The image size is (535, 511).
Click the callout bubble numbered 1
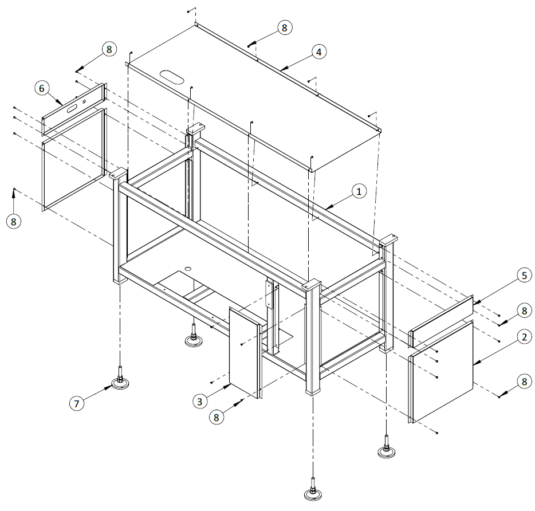[359, 192]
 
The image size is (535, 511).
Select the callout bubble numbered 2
[523, 337]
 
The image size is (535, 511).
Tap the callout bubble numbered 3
[199, 401]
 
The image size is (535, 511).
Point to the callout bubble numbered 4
[320, 52]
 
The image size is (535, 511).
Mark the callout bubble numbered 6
[41, 88]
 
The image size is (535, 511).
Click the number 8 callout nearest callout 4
[284, 27]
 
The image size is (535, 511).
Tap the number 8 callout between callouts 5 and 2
[523, 310]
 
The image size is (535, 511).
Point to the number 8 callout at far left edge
[13, 221]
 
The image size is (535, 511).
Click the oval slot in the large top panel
[171, 76]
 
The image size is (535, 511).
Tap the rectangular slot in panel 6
[72, 107]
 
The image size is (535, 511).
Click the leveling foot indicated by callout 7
[121, 382]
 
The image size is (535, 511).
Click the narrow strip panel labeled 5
[441, 322]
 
